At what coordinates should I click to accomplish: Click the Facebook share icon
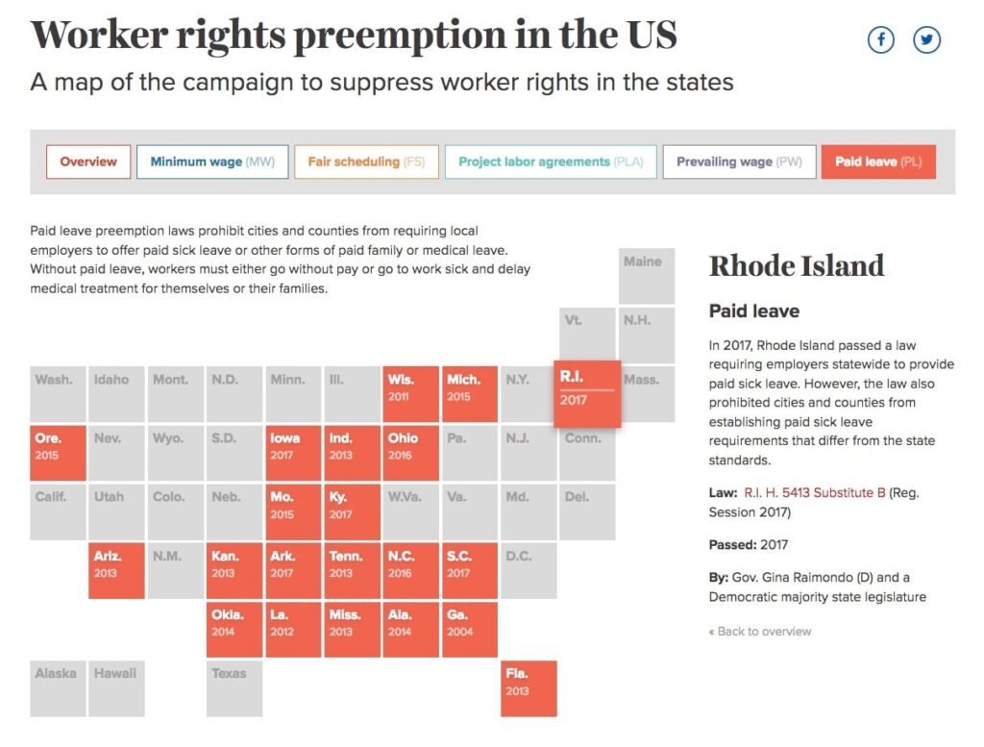[x=880, y=40]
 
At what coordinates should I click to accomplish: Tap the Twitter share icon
[x=926, y=40]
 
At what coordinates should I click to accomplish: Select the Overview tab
[x=88, y=162]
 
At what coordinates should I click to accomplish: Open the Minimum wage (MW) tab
[x=212, y=162]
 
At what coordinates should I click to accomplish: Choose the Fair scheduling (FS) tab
[x=366, y=162]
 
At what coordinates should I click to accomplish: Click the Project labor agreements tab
[x=551, y=162]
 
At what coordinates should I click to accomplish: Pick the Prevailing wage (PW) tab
[x=739, y=162]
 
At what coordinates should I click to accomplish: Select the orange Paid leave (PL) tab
[x=878, y=162]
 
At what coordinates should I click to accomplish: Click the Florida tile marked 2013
[x=529, y=688]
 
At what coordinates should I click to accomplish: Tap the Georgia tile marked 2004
[x=469, y=630]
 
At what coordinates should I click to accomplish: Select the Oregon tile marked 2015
[x=58, y=453]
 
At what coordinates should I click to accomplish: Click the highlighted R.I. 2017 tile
[x=587, y=394]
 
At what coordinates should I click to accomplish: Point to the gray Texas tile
[x=234, y=688]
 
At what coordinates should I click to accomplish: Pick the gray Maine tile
[x=647, y=276]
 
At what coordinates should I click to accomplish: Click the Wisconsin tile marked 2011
[x=411, y=394]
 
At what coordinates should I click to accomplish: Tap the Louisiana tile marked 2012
[x=293, y=630]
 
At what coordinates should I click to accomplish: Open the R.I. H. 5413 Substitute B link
[x=815, y=493]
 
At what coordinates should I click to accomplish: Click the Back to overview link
[x=760, y=632]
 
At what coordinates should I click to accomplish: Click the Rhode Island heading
[x=797, y=266]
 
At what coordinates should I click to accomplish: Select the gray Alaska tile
[x=58, y=688]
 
